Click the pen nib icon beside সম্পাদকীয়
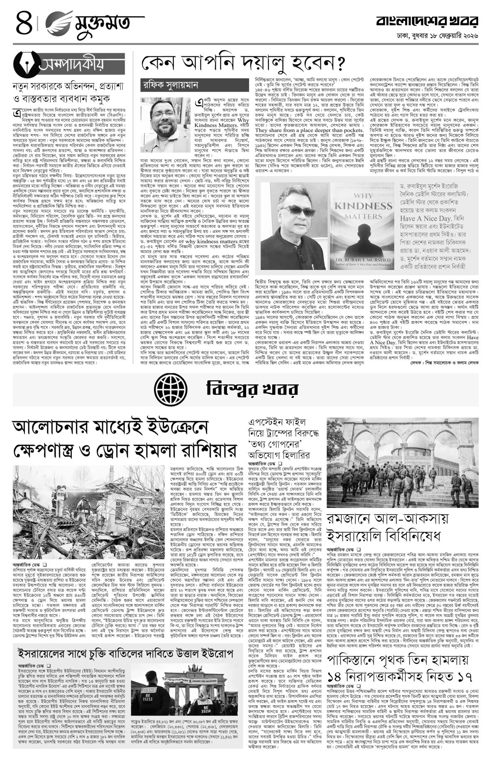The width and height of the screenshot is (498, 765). (26, 64)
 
